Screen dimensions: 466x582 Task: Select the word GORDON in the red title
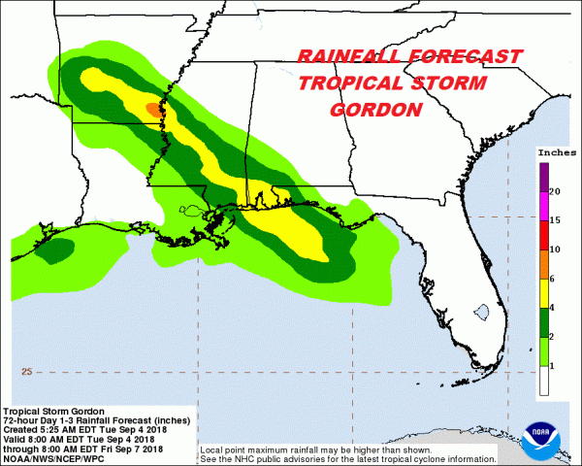coord(377,110)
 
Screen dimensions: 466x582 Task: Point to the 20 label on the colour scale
coord(555,191)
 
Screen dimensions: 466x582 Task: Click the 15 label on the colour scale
coord(555,220)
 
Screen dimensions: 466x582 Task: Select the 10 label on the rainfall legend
coord(555,250)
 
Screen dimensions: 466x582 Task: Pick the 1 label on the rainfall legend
coord(553,365)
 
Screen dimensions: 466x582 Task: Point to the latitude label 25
coord(27,372)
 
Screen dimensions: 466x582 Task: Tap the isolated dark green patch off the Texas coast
coord(55,250)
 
